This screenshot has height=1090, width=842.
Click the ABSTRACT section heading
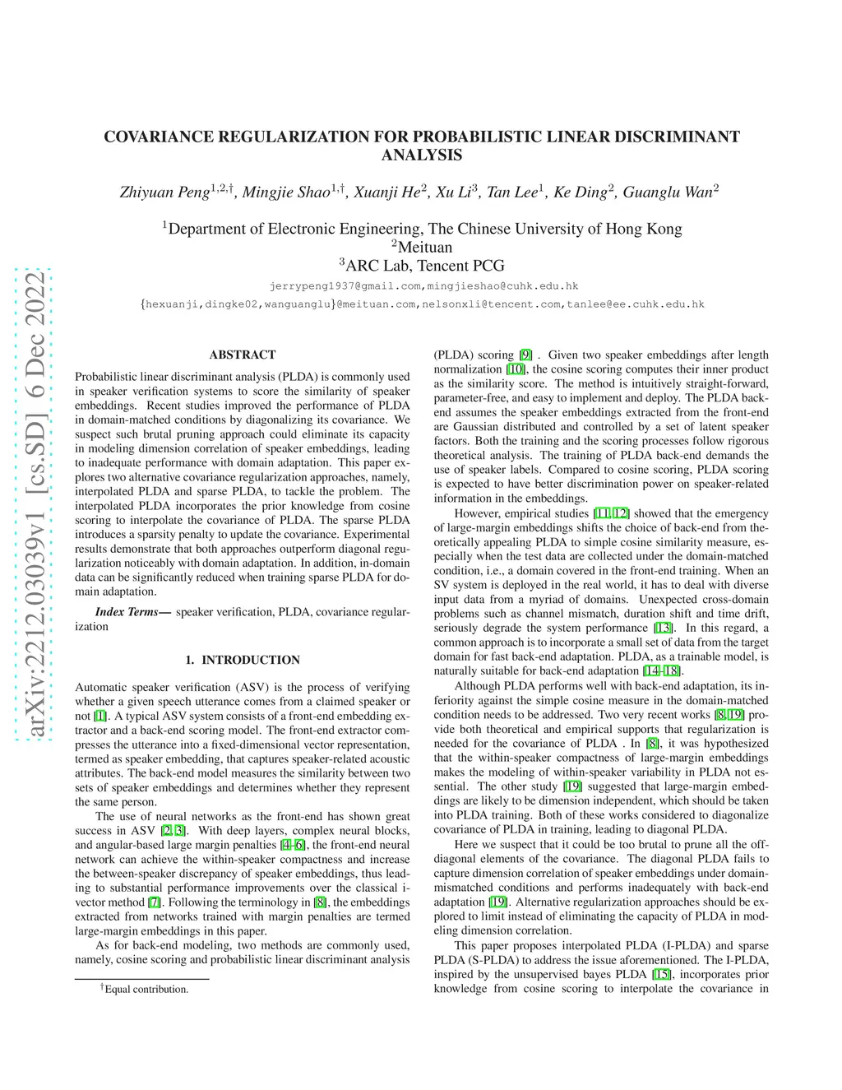(x=243, y=355)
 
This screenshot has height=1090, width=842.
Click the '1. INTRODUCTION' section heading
(x=243, y=660)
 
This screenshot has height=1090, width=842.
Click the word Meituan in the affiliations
(x=424, y=247)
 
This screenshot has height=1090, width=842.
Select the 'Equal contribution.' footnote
(x=146, y=989)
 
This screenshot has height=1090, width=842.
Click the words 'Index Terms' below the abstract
(x=127, y=612)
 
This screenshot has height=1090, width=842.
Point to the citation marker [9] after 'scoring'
(x=525, y=355)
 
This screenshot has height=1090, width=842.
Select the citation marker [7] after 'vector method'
(x=154, y=902)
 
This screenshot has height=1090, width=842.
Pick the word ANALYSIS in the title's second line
(x=422, y=155)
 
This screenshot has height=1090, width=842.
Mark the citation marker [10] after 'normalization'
(x=516, y=369)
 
